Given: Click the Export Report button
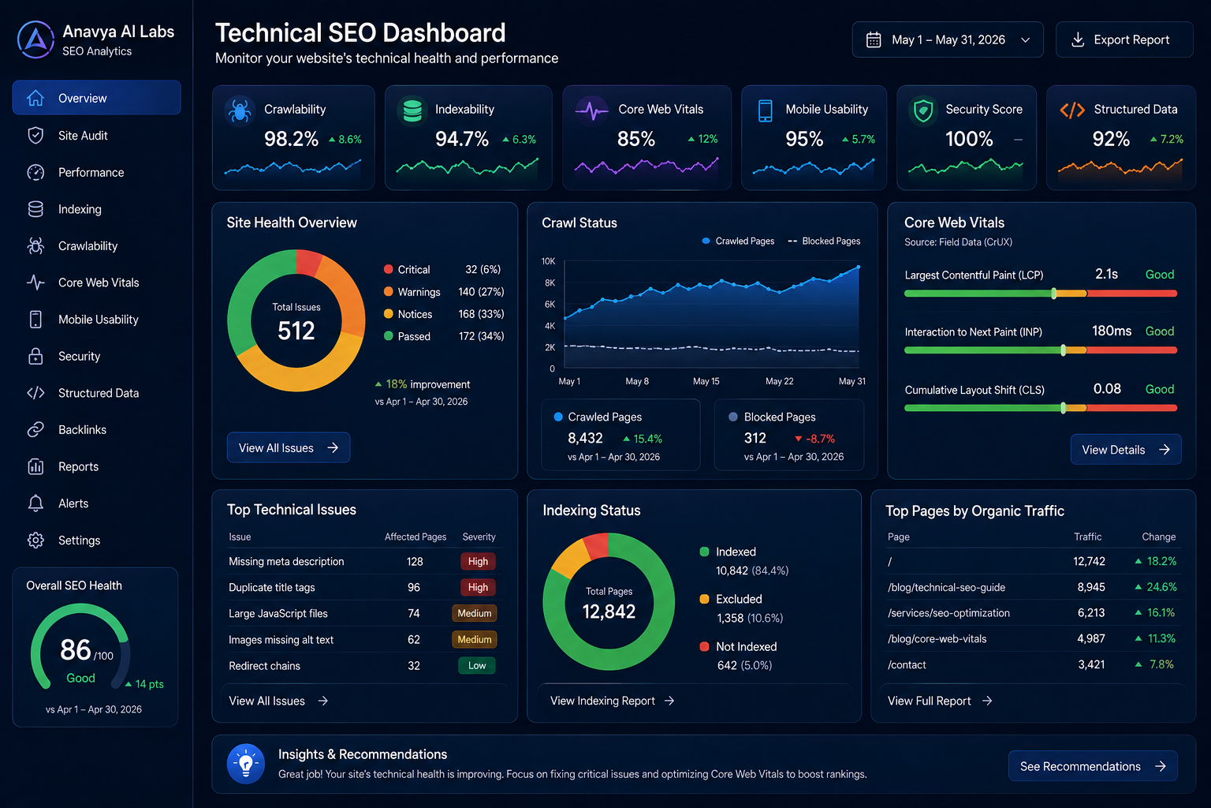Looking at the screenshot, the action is point(1124,39).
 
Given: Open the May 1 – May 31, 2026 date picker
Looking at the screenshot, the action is point(947,39).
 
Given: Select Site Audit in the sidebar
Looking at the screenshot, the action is point(83,135).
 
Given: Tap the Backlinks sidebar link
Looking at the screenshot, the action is point(82,430).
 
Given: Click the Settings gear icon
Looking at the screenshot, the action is point(35,540).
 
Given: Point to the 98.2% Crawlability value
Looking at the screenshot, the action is point(291,139).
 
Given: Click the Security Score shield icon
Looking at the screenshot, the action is point(923,110).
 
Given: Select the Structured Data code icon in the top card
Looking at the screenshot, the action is point(1072,110).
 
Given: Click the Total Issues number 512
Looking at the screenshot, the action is point(296,331).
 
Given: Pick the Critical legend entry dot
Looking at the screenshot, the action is point(388,269).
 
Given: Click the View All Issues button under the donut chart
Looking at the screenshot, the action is point(288,447).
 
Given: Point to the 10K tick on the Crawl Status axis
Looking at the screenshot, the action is point(548,261).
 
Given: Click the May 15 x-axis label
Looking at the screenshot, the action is point(706,381).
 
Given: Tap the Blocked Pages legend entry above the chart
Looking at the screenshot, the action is point(824,241).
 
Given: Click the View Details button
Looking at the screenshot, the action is point(1126,449).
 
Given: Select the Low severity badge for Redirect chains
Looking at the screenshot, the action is point(477,666).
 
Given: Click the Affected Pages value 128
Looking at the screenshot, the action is point(415,561).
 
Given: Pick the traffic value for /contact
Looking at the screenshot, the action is point(1091,664).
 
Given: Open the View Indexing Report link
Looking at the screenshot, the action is point(612,701).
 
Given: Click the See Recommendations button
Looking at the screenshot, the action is point(1093,766).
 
